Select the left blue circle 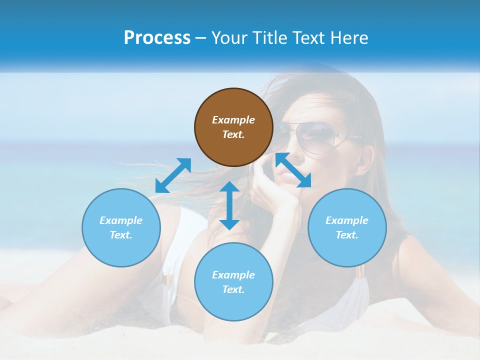point(121,227)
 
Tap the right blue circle point(347,227)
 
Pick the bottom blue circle point(233,281)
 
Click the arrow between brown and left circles point(173,175)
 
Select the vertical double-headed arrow point(229,205)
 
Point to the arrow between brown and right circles point(293,170)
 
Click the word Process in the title point(157,37)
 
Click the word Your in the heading point(229,37)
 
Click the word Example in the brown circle point(233,120)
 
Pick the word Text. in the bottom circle point(233,289)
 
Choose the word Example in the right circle point(347,220)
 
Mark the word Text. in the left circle point(121,235)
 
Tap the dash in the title point(201,38)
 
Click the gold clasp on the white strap point(359,272)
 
